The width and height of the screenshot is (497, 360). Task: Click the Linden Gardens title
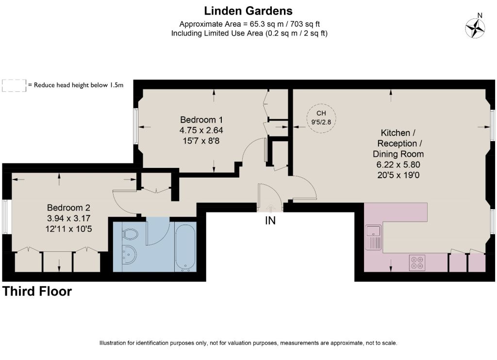[x=248, y=11]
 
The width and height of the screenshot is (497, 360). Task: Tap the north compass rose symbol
[x=475, y=28]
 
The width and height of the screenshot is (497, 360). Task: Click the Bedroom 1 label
[x=201, y=120]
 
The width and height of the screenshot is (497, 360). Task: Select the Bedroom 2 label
[x=68, y=208]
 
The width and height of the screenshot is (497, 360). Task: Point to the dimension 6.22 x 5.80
[x=398, y=164]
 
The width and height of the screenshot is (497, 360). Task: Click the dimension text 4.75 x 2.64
[x=201, y=130]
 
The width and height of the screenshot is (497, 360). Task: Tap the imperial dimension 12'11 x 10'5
[x=68, y=229]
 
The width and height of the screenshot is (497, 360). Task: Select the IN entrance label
[x=270, y=221]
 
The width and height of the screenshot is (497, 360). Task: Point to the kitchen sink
[x=374, y=237]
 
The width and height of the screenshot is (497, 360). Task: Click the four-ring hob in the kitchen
[x=417, y=262]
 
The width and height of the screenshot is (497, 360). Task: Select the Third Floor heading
[x=37, y=291]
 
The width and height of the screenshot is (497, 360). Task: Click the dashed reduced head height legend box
[x=14, y=85]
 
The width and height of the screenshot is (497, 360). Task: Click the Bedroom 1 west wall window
[x=135, y=127]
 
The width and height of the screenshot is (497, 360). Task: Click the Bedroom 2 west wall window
[x=5, y=217]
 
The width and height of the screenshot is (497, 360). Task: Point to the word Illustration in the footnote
[x=113, y=343]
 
